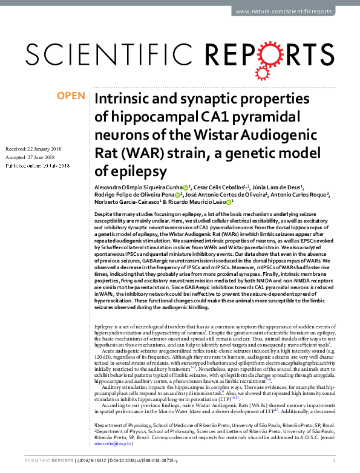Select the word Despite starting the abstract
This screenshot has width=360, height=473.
point(104,215)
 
